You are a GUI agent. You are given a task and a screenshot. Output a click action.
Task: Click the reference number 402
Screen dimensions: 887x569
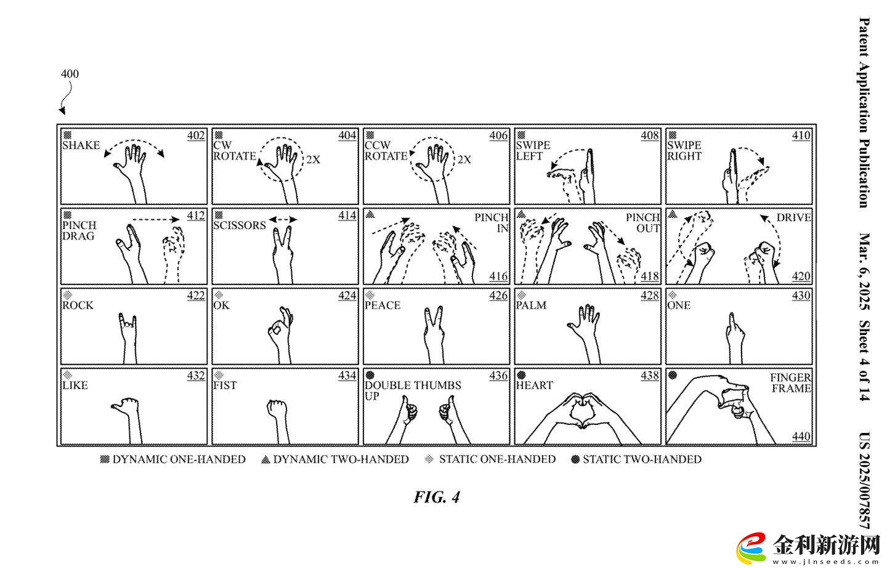(196, 135)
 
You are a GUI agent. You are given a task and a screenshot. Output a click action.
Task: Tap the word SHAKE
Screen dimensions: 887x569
(81, 145)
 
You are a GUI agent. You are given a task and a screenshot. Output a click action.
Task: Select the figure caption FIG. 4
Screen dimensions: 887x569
(436, 497)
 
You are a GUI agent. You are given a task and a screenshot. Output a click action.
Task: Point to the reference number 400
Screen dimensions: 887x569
(70, 74)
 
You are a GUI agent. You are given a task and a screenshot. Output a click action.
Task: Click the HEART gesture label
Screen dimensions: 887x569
(534, 385)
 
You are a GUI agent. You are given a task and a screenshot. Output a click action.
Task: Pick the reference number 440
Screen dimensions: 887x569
(801, 436)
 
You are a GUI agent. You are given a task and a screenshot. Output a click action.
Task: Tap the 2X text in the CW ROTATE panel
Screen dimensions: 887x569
(313, 159)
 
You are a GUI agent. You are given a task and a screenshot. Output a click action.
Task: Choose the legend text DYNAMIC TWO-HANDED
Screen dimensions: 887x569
(341, 459)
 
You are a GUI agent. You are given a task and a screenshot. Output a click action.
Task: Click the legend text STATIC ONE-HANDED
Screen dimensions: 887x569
(497, 459)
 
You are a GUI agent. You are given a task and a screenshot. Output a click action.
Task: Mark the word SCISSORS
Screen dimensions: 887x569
(240, 225)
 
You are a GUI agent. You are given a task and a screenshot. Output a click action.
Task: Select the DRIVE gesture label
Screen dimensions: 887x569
(793, 217)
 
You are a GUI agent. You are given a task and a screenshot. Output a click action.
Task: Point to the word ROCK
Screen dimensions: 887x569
(78, 305)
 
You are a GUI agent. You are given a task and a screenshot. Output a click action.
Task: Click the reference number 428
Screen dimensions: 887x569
(650, 296)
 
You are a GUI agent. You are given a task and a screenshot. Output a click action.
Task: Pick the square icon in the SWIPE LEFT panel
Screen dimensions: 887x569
(521, 135)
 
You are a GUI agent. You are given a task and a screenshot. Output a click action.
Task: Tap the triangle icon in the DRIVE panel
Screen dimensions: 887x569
(673, 215)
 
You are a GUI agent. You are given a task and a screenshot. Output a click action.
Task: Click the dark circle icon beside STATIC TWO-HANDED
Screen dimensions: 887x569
(575, 459)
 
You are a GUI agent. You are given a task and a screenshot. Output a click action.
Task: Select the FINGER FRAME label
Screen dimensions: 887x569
(791, 382)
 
